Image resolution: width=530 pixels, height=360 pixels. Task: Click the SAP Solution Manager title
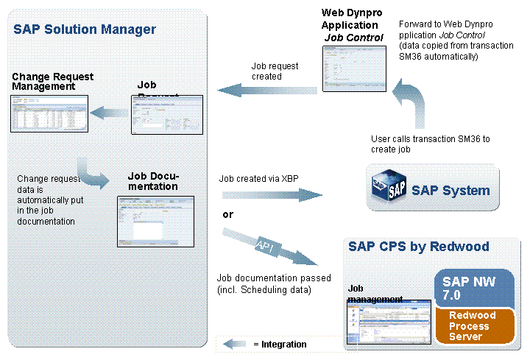tap(85, 29)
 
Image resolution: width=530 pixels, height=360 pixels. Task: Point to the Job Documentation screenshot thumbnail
tap(155, 221)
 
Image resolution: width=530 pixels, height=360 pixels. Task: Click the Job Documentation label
tap(153, 181)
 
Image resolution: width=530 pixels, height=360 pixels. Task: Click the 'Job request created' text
tap(275, 71)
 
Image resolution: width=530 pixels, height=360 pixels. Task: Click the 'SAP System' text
tap(451, 191)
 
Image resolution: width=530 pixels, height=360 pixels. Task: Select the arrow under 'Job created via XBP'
tap(271, 195)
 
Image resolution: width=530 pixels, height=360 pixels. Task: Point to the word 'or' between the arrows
tap(228, 215)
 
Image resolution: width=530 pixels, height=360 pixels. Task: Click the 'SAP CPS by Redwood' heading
tap(419, 246)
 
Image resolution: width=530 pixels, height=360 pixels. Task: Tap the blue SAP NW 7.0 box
tap(473, 286)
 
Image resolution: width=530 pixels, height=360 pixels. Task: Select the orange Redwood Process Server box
tap(473, 325)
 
